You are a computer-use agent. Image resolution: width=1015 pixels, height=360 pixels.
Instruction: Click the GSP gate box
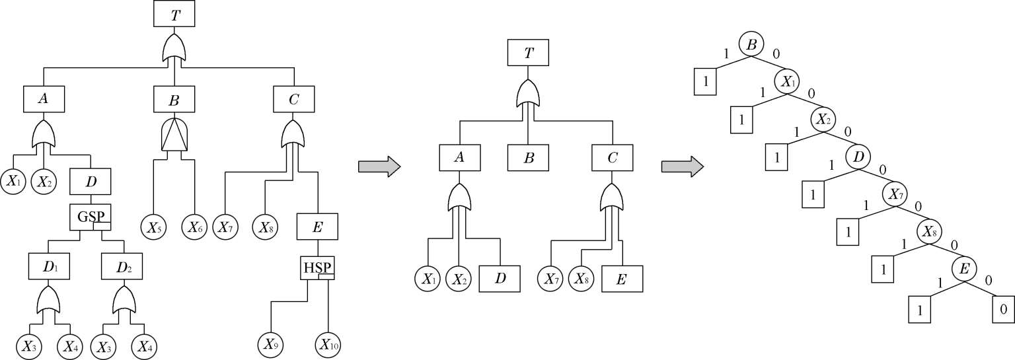click(91, 217)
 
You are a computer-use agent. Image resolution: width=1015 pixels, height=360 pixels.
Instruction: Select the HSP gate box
click(318, 268)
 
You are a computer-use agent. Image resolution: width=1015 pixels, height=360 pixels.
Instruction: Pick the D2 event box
click(122, 266)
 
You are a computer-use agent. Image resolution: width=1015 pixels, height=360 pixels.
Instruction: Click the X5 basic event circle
click(153, 228)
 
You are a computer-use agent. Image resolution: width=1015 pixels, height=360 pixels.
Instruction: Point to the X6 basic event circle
click(195, 228)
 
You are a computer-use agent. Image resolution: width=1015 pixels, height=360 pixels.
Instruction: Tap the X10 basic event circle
click(328, 343)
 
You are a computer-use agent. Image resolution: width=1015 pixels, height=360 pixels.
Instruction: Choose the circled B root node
click(751, 45)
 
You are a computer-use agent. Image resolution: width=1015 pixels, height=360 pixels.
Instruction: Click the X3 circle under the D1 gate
click(29, 344)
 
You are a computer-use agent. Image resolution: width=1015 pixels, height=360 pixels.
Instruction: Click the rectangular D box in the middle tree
click(500, 278)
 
